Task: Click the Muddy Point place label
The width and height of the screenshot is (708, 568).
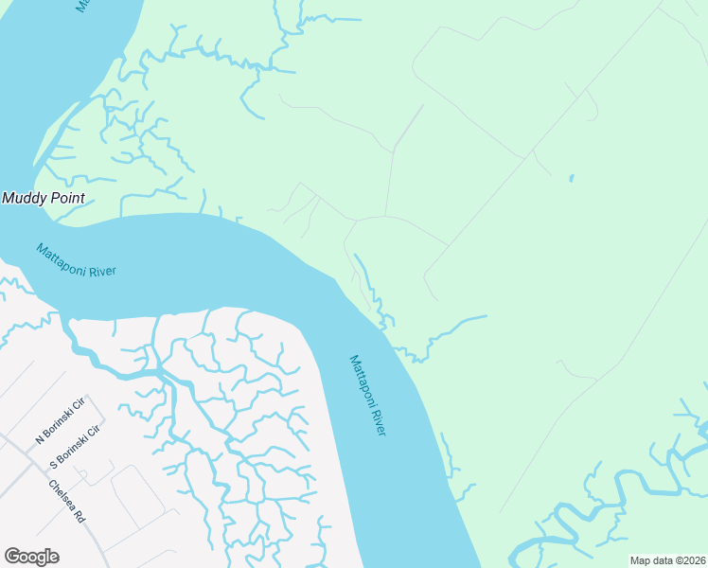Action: (x=44, y=199)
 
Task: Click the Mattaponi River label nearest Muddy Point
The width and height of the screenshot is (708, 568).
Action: (x=76, y=260)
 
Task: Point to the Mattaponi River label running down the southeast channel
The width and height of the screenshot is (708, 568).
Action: (x=368, y=395)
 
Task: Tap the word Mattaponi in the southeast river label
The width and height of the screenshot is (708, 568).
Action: (x=361, y=381)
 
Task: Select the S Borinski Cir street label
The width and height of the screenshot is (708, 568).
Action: (x=75, y=446)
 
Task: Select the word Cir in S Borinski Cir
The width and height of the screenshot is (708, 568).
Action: (x=94, y=429)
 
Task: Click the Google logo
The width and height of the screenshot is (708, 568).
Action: (x=31, y=557)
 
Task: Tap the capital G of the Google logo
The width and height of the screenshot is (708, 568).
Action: (x=11, y=557)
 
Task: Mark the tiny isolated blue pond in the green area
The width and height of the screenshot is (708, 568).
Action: (x=571, y=178)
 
